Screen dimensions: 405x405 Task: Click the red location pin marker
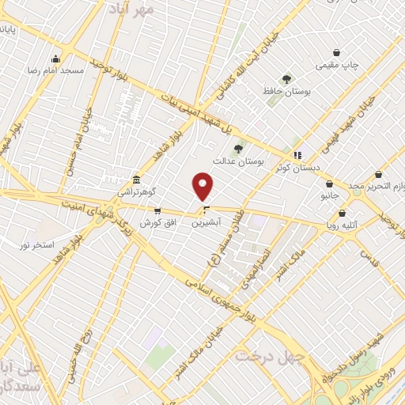203,186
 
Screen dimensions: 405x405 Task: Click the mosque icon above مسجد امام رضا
55,59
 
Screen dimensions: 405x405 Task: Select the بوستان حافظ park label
286,92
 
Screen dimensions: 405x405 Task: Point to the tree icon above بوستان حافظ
286,78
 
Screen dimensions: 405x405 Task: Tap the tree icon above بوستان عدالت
237,148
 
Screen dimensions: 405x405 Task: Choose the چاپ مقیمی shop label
338,65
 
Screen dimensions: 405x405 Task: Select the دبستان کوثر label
298,168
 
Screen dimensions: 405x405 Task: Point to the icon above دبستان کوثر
298,155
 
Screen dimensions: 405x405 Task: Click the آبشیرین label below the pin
206,224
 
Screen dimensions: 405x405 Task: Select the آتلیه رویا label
342,225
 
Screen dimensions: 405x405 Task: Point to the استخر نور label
37,245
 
